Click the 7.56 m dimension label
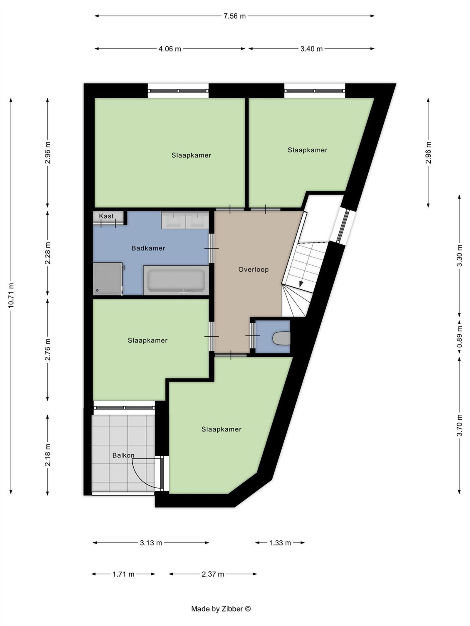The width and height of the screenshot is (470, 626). click(x=234, y=16)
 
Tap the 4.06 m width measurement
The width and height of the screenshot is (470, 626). click(x=170, y=49)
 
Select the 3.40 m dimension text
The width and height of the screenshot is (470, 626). click(x=311, y=49)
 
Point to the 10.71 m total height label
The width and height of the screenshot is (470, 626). click(x=11, y=295)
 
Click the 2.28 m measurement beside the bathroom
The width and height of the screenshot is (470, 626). click(x=48, y=253)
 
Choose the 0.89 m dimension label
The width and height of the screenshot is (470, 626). click(x=460, y=337)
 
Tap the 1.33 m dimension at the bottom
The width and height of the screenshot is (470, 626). click(x=280, y=543)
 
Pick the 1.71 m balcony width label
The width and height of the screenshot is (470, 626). click(x=123, y=574)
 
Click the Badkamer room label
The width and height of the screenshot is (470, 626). click(x=148, y=248)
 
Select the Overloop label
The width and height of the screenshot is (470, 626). click(x=254, y=269)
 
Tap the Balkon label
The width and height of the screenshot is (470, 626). click(x=123, y=455)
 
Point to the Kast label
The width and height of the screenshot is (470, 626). click(x=106, y=216)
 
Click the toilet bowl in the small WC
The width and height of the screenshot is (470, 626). click(x=281, y=338)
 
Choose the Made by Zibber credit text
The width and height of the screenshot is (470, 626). click(x=221, y=609)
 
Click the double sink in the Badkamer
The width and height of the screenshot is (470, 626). click(x=185, y=220)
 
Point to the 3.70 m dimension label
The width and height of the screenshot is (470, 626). click(x=460, y=425)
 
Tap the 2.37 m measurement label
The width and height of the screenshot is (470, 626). click(x=213, y=574)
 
